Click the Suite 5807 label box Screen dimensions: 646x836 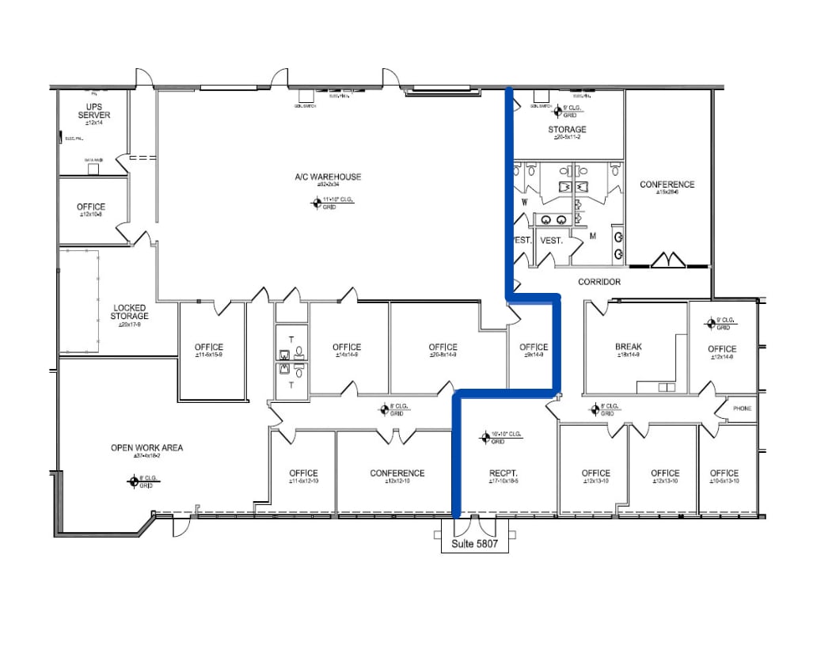474,545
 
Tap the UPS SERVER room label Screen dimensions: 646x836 93,110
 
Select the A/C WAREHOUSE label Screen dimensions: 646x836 334,177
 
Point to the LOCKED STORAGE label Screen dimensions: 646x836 130,312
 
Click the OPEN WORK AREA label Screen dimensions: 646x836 146,448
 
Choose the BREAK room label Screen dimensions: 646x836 628,347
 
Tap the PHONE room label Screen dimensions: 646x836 742,408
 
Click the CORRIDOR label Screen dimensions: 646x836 598,282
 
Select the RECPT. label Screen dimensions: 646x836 503,473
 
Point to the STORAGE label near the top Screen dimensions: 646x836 567,130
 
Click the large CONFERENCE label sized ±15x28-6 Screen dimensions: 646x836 667,185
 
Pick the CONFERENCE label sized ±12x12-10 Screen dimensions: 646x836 397,473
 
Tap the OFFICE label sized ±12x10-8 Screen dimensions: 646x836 91,207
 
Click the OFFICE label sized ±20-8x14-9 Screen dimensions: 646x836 443,348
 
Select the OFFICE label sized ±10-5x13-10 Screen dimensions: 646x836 724,473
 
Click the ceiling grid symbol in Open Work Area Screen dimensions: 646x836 134,480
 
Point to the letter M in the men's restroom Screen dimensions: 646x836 591,236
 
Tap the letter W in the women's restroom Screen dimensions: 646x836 524,202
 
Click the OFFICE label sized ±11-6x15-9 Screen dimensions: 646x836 209,348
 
